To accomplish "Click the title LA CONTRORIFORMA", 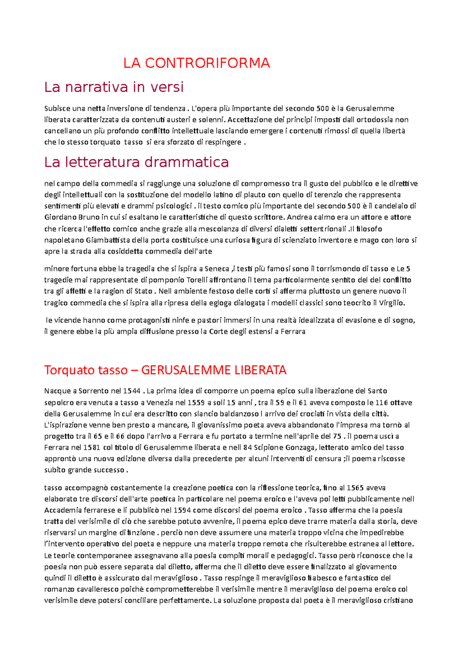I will point(196,63).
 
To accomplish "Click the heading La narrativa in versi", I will point(114,87).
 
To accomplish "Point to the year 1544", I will point(132,391).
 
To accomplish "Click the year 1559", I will point(196,402).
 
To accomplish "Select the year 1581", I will point(91,447).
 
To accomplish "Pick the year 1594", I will point(182,510).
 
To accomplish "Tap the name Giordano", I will point(58,217).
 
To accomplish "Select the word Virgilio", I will point(392,303).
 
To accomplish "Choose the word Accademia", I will point(61,510).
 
